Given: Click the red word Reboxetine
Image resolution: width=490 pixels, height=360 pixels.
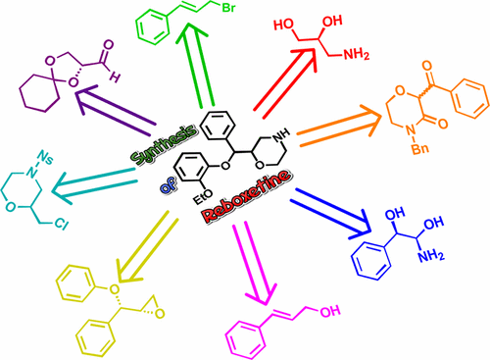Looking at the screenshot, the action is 254,200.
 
